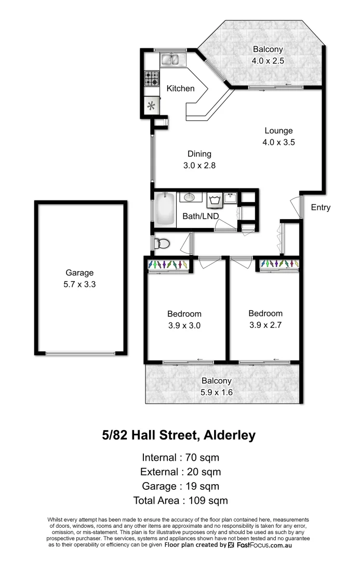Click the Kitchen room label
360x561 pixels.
pos(180,89)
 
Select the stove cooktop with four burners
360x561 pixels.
pos(152,79)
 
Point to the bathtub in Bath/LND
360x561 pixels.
pos(165,209)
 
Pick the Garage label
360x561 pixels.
pos(79,273)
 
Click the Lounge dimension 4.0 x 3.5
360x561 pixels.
pos(278,142)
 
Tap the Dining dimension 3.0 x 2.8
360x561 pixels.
pos(199,166)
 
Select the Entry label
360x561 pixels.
pos(321,208)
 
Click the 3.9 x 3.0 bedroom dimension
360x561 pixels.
pos(184,326)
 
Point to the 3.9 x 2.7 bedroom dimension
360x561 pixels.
pos(265,325)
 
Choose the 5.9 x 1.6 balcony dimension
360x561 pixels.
pos(217,393)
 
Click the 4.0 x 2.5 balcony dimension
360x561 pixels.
pos(268,61)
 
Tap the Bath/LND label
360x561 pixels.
pos(201,216)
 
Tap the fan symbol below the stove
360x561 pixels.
pos(152,106)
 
